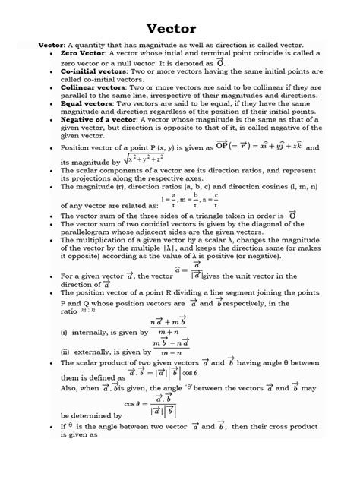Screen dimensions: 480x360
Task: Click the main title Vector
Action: point(180,27)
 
